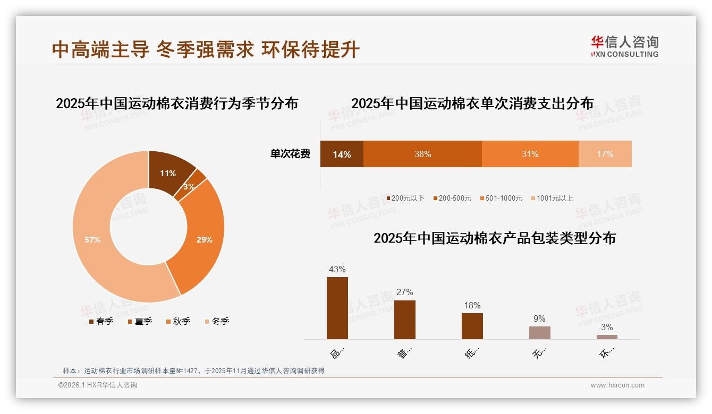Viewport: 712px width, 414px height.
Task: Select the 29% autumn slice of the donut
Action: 204,239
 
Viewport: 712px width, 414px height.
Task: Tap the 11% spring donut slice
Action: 168,173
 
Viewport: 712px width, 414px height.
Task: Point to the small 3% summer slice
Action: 190,186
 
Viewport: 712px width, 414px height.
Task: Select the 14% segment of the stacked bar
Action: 342,154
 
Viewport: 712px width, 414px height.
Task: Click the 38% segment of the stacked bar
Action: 422,154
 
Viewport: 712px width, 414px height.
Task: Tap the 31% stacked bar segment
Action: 530,154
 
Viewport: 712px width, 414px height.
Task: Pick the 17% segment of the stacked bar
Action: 605,154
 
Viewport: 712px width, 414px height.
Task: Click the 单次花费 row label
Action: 290,154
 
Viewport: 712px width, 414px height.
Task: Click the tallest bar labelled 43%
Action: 337,308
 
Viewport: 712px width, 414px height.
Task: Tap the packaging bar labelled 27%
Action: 405,320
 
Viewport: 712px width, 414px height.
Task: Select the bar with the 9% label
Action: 539,333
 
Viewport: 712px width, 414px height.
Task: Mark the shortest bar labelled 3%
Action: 607,337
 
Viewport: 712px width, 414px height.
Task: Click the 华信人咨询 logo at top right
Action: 624,46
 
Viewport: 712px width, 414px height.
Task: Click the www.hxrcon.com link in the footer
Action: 617,385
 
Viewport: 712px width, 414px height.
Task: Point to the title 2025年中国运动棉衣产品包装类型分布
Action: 494,238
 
